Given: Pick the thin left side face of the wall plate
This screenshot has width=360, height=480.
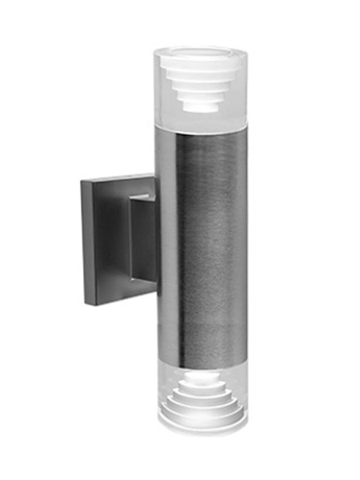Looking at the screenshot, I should click(84, 240).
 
